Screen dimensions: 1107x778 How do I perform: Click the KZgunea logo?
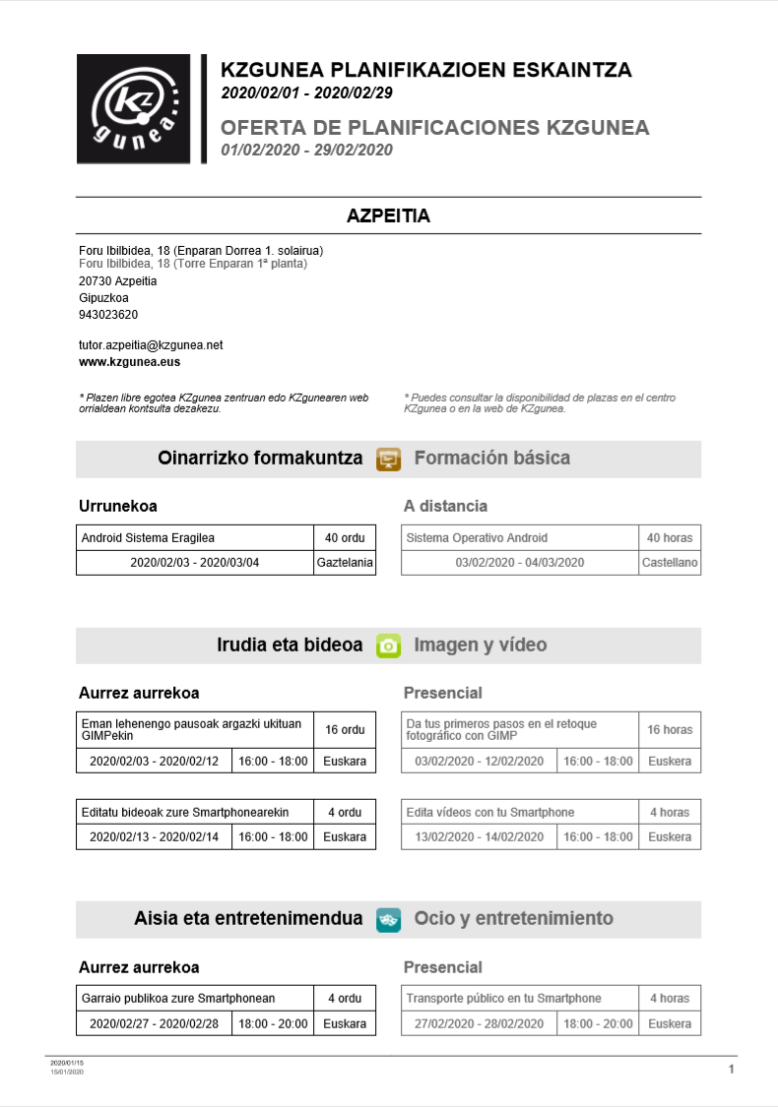click(138, 108)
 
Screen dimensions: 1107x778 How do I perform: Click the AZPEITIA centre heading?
click(388, 215)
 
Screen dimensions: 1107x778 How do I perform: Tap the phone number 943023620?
click(108, 315)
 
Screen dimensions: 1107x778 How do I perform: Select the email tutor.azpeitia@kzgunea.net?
click(151, 345)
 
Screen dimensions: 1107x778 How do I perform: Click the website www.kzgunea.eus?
click(129, 362)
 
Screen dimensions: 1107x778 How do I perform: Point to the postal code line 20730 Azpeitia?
click(117, 280)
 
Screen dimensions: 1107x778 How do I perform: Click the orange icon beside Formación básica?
click(389, 459)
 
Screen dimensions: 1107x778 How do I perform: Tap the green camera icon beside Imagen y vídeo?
click(389, 646)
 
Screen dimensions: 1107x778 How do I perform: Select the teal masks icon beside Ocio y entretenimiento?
click(389, 919)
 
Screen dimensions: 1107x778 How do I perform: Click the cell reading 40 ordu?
click(345, 537)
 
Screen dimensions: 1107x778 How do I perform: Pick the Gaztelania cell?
click(345, 563)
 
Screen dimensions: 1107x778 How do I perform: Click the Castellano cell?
click(670, 563)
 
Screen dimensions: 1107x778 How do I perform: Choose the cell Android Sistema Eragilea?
click(195, 537)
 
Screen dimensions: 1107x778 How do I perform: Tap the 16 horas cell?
click(670, 729)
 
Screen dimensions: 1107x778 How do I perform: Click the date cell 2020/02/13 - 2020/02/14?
click(154, 837)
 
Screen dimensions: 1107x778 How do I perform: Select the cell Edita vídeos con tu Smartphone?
click(520, 812)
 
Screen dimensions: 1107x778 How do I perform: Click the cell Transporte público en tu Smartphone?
click(520, 998)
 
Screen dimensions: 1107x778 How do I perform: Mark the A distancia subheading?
click(445, 506)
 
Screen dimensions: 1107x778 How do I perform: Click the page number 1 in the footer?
click(731, 1069)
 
